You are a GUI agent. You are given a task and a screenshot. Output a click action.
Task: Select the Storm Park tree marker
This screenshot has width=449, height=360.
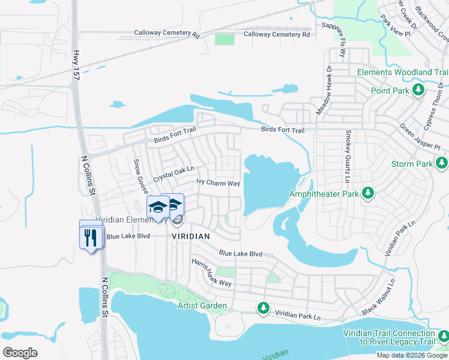[442, 163]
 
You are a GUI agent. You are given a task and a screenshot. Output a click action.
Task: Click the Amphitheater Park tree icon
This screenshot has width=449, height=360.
[368, 194]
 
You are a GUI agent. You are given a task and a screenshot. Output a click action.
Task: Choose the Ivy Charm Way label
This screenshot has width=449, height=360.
[218, 182]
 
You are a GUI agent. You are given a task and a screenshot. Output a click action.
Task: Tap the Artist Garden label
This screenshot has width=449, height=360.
[202, 306]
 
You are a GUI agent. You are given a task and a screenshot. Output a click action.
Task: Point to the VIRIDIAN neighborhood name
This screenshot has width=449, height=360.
[191, 236]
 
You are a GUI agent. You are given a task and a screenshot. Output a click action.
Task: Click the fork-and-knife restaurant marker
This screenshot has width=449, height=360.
[91, 238]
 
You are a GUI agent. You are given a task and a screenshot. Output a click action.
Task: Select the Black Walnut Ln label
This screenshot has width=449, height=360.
[379, 297]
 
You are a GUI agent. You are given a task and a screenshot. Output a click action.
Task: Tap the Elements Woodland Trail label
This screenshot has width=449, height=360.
[402, 72]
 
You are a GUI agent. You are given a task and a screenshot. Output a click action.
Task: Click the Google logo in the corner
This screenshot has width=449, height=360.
[20, 352]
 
